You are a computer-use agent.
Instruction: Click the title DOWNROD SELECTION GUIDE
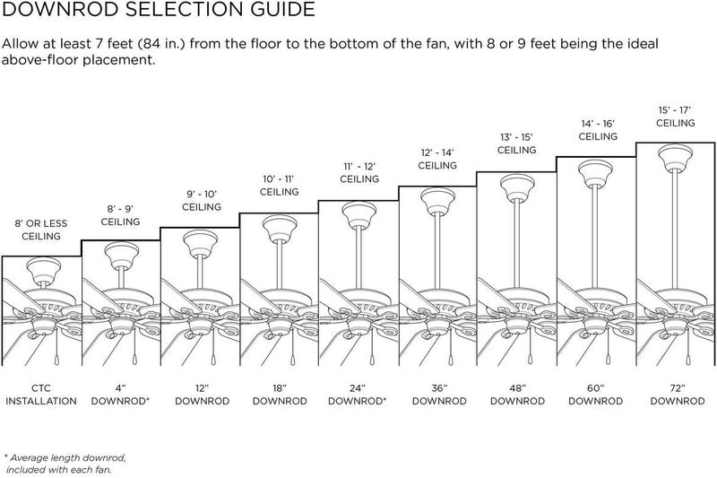159,9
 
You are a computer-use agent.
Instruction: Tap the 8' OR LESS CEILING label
41,230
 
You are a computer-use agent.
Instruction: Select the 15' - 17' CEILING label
676,117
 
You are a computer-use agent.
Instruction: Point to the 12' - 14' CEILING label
437,159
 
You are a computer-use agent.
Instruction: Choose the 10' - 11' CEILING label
279,186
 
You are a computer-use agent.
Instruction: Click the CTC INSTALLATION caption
41,395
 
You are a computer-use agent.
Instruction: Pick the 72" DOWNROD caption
678,395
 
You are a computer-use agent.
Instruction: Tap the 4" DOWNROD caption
120,395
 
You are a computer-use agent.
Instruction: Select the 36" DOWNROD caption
439,395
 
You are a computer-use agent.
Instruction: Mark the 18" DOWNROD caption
280,395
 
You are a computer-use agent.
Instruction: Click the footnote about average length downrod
65,464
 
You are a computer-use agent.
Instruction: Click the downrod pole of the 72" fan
676,228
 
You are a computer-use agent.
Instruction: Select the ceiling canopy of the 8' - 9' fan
122,255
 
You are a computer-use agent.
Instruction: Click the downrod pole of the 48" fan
517,243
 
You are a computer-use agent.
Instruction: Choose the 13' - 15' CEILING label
517,143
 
